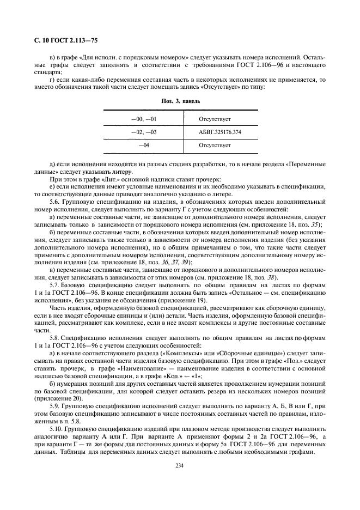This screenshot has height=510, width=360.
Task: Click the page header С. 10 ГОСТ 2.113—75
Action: (63, 41)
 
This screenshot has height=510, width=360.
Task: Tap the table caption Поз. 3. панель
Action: (180, 101)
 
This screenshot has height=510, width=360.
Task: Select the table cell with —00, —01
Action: (144, 118)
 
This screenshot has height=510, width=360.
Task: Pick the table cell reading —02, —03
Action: (144, 131)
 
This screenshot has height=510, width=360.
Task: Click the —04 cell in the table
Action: (144, 145)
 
